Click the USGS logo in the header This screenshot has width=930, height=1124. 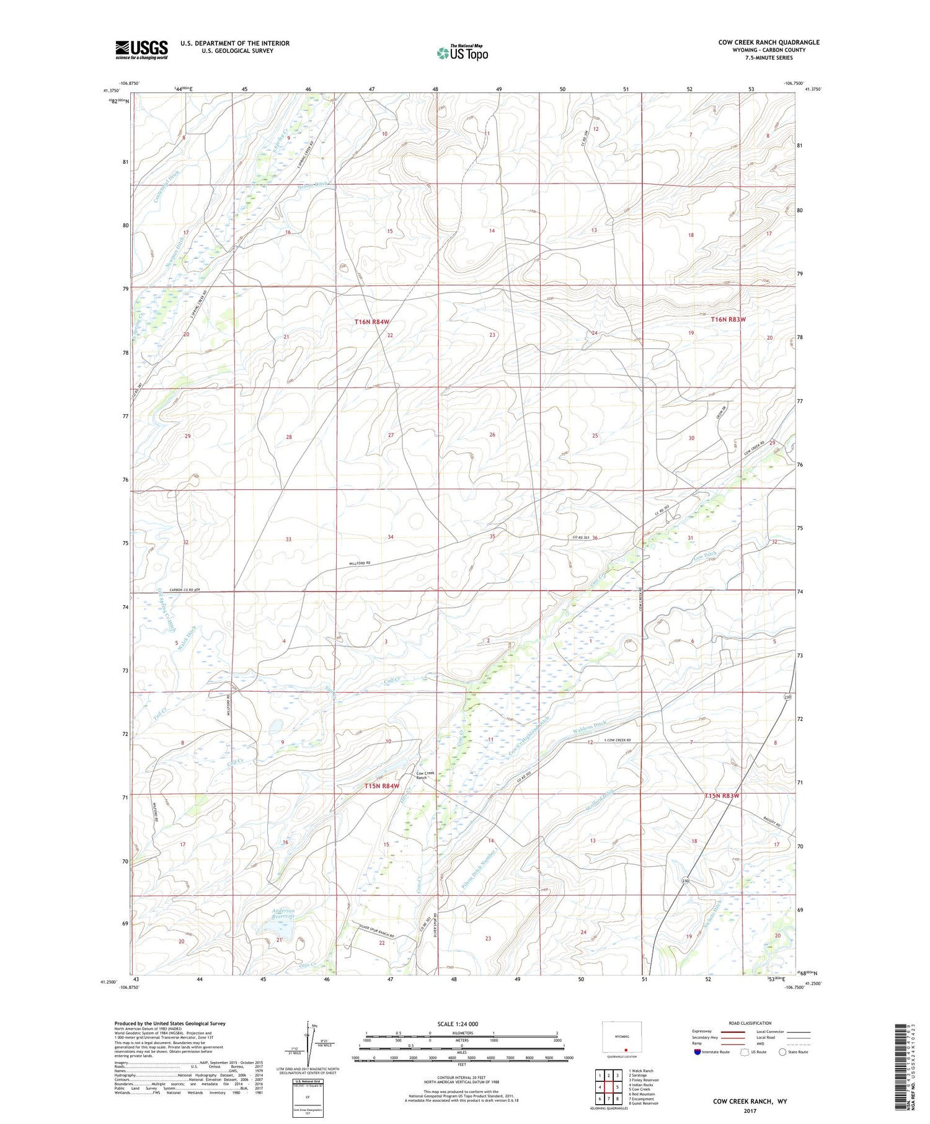point(141,50)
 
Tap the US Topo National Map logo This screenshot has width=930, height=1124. point(462,53)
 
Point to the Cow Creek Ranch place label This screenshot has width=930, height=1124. point(425,775)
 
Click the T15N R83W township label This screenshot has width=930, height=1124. point(722,795)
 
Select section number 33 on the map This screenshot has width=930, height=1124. point(288,539)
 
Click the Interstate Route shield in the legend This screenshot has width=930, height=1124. point(697,1051)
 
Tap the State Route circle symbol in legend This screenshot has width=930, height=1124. point(782,1051)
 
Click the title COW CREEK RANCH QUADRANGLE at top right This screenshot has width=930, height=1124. point(769,42)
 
